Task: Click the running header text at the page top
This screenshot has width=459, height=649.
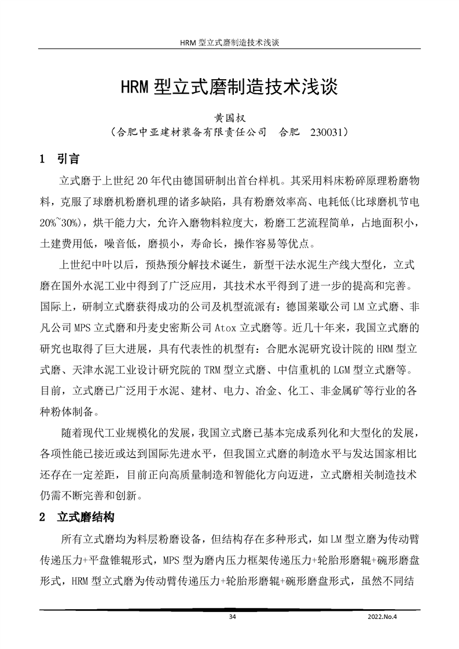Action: [230, 43]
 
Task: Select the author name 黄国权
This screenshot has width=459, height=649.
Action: [230, 117]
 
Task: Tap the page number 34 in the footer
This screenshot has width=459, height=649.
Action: [233, 618]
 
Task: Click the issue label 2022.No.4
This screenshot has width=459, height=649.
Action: [384, 618]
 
